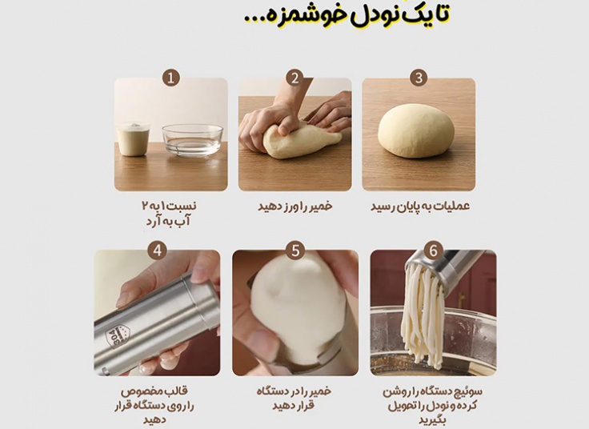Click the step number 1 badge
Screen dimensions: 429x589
click(x=170, y=78)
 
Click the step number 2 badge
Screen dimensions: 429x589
click(x=294, y=78)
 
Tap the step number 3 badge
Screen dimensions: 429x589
click(x=418, y=78)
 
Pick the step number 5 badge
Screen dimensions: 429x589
click(x=295, y=251)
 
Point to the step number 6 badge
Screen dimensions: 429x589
click(x=433, y=251)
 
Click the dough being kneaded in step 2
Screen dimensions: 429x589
click(x=300, y=140)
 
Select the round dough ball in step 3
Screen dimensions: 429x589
click(x=416, y=130)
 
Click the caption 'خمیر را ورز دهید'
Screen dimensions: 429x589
click(x=294, y=206)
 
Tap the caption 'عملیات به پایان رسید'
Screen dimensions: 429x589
click(x=419, y=206)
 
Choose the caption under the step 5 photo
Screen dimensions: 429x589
click(x=295, y=399)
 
